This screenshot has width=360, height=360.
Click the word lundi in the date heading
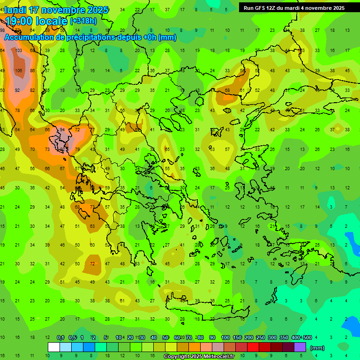(x=15, y=10)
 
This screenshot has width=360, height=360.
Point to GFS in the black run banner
(x=261, y=8)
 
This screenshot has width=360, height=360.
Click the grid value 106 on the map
(x=19, y=71)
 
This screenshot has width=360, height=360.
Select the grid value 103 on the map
(x=19, y=50)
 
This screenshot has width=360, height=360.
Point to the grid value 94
(x=62, y=130)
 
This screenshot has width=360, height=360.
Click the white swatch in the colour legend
(x=54, y=347)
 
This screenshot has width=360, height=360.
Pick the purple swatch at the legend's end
(x=300, y=347)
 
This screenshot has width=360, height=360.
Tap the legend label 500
(x=307, y=338)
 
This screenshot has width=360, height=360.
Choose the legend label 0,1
(x=60, y=338)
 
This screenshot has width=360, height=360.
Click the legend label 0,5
(x=72, y=338)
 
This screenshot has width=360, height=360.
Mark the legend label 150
(x=237, y=338)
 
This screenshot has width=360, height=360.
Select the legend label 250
(x=260, y=338)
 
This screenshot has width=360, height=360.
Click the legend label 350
(x=284, y=338)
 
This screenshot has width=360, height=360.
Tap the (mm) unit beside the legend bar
(x=317, y=348)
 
